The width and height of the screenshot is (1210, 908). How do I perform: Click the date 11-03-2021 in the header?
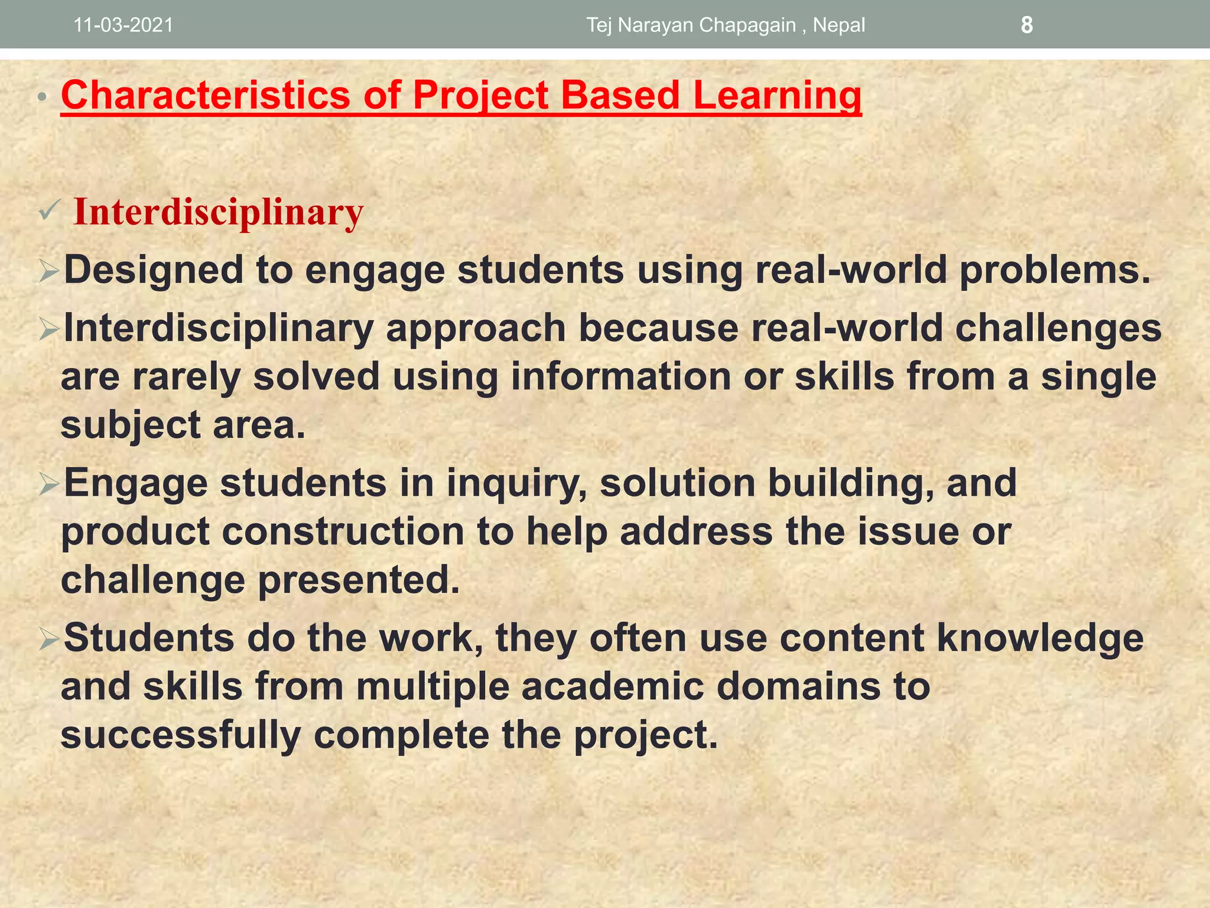pos(123,25)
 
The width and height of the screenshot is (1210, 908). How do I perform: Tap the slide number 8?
pos(1027,25)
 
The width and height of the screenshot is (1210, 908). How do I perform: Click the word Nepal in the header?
pos(838,25)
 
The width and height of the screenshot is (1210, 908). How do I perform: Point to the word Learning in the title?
pos(777,95)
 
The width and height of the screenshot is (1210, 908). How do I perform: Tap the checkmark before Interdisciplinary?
pos(50,210)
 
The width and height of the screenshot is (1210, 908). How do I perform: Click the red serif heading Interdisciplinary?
pos(218,212)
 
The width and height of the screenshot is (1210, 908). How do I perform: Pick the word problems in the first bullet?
pos(1055,270)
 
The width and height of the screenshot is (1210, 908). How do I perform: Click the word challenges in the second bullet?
pos(1058,328)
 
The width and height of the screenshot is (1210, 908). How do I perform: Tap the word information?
pos(621,377)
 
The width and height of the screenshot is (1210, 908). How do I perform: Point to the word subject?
pos(131,425)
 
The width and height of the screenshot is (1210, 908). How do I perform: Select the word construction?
pos(343,531)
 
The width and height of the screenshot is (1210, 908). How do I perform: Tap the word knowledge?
pos(1040,638)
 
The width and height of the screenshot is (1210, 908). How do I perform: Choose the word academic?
pos(613,686)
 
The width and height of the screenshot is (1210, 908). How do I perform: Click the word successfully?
pos(181,735)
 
